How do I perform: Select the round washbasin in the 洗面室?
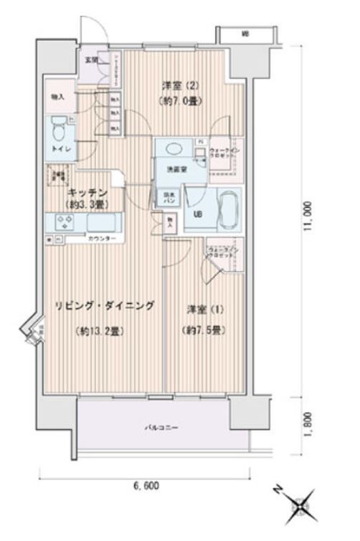(174, 149)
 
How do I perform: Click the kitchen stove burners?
(62, 222)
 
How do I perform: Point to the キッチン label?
(87, 193)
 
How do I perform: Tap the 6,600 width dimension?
(146, 485)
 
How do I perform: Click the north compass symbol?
(297, 504)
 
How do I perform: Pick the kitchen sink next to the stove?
(103, 222)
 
